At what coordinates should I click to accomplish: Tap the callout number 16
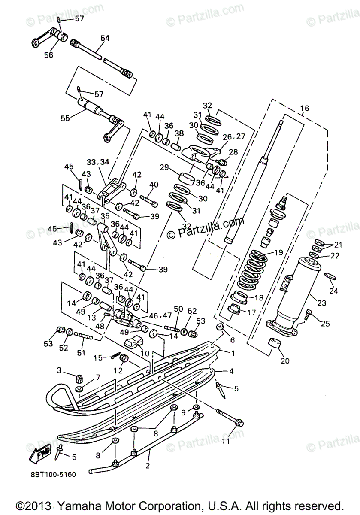[x=304, y=108]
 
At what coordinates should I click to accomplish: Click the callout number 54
[x=105, y=39]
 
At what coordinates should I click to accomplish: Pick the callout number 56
[x=48, y=55]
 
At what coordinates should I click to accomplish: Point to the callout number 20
[x=285, y=360]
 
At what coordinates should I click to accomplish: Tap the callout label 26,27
[x=233, y=137]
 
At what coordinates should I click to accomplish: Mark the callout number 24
[x=333, y=291]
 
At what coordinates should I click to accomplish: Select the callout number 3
[x=60, y=370]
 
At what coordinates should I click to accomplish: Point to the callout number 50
[x=178, y=309]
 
